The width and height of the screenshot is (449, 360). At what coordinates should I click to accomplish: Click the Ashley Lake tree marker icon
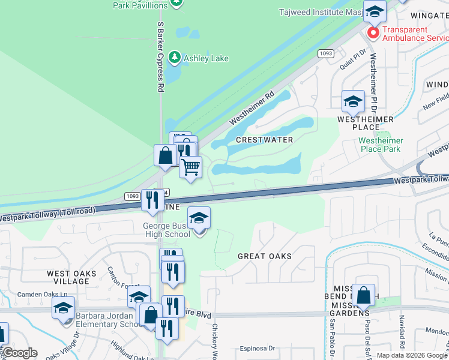[x=175, y=58]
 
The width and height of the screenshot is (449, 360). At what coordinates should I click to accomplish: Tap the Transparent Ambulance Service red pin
[x=373, y=32]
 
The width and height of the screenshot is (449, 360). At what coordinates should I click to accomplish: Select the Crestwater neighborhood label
[x=264, y=140]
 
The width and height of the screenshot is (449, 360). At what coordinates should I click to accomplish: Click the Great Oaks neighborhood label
[x=265, y=256]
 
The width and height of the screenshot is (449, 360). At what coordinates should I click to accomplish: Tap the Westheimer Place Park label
[x=381, y=145]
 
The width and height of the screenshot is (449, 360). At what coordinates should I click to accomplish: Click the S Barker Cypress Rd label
[x=160, y=57]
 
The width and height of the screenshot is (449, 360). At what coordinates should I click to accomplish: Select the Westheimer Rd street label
[x=252, y=107]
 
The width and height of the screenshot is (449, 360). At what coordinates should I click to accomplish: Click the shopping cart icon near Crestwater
[x=191, y=167]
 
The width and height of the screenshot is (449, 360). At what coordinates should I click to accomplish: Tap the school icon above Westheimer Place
[x=353, y=101]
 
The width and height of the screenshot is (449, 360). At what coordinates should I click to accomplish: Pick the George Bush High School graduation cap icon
[x=199, y=218]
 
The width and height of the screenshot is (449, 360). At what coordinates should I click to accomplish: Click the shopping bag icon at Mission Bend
[x=363, y=295]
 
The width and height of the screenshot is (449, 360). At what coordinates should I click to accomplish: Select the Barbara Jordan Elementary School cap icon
[x=63, y=308]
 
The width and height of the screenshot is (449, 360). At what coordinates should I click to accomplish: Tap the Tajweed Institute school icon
[x=375, y=11]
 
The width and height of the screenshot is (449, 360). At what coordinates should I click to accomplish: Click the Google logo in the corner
[x=20, y=353]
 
